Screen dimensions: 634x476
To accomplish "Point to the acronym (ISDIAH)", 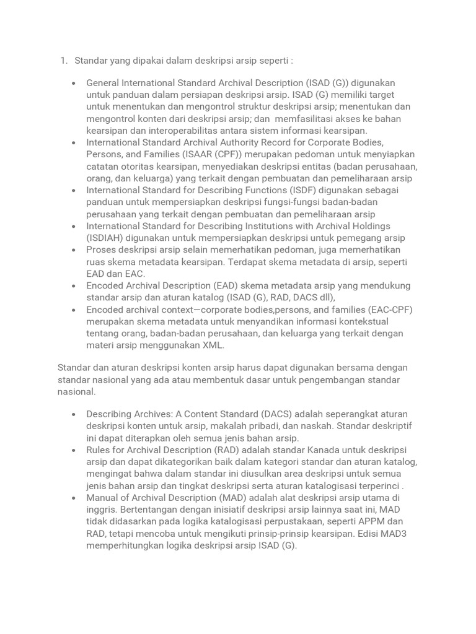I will pyautogui.click(x=107, y=238).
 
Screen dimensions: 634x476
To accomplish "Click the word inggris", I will pyautogui.click(x=101, y=510).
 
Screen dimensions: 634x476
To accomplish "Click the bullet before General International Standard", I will pyautogui.click(x=74, y=83).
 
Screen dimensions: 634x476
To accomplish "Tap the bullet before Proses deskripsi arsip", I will pyautogui.click(x=74, y=250).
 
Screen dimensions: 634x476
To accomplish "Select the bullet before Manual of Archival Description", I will pyautogui.click(x=74, y=498).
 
